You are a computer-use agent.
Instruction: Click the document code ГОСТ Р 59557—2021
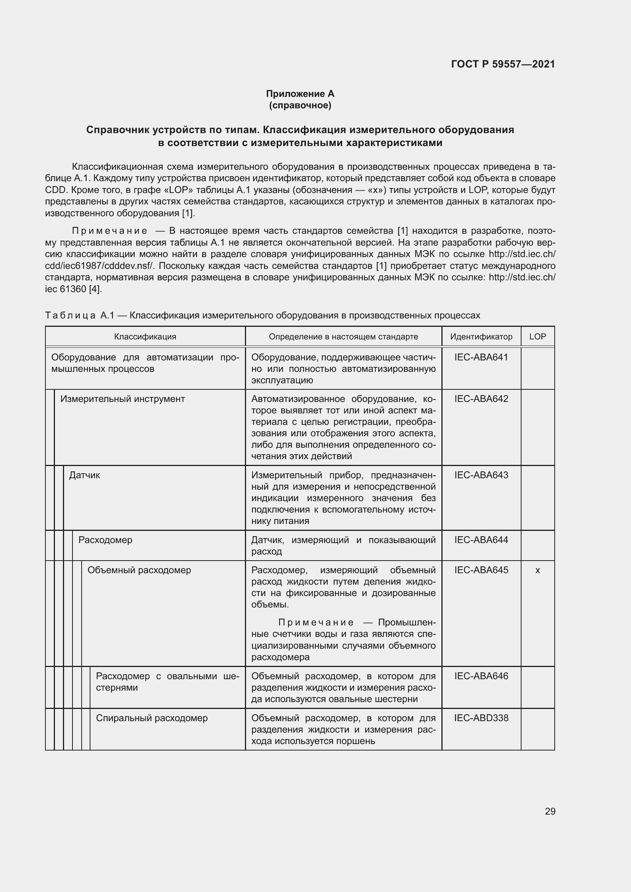pyautogui.click(x=503, y=64)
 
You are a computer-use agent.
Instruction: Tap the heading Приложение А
pyautogui.click(x=300, y=94)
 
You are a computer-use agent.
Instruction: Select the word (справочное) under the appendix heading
pyautogui.click(x=300, y=105)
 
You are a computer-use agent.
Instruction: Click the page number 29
pyautogui.click(x=550, y=811)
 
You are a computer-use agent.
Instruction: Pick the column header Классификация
pyautogui.click(x=145, y=336)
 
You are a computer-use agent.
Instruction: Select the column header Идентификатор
pyautogui.click(x=481, y=336)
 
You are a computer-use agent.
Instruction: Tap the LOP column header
pyautogui.click(x=538, y=336)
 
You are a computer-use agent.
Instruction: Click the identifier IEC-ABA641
pyautogui.click(x=481, y=357)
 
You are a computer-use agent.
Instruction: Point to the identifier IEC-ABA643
pyautogui.click(x=481, y=475)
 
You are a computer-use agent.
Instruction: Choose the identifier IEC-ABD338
pyautogui.click(x=481, y=718)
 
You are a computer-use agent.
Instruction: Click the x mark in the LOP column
pyautogui.click(x=538, y=570)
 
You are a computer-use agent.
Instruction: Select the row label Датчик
pyautogui.click(x=84, y=475)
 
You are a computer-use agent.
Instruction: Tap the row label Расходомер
pyautogui.click(x=105, y=540)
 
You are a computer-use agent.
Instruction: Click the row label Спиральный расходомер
pyautogui.click(x=151, y=718)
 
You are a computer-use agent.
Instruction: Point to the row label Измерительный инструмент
pyautogui.click(x=122, y=399)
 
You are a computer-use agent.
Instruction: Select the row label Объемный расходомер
pyautogui.click(x=139, y=570)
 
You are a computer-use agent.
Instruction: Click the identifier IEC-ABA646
pyautogui.click(x=481, y=676)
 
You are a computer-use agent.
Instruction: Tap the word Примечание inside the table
pyautogui.click(x=315, y=622)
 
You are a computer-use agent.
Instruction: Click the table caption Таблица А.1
pyautogui.click(x=80, y=315)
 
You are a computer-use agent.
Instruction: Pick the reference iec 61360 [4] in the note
pyautogui.click(x=73, y=289)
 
